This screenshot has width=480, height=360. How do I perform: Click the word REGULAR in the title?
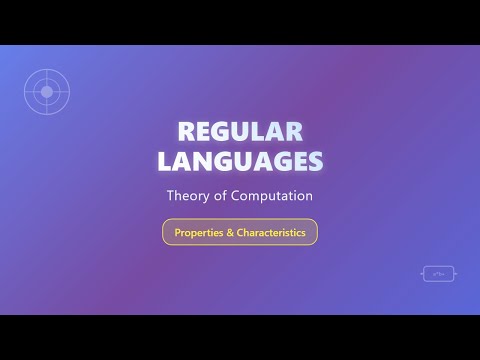tap(239, 132)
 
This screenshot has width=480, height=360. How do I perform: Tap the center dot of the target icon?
tap(45, 91)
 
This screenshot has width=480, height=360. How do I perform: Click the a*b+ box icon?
tap(436, 272)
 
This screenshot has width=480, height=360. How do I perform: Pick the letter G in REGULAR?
tap(221, 132)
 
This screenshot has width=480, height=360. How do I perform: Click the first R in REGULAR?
tap(183, 132)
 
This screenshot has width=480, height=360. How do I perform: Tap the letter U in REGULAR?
tap(241, 132)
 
